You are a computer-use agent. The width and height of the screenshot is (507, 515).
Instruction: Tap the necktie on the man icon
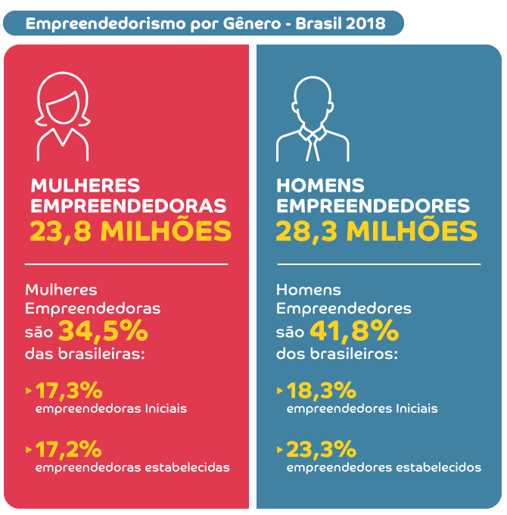point(313,144)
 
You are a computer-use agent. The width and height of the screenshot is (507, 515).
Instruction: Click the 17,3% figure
point(69,391)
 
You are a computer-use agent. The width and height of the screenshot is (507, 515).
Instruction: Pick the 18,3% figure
point(321,391)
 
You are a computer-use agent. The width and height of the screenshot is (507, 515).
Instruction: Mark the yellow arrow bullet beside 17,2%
point(29,449)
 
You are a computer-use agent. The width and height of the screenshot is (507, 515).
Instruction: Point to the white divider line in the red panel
point(126,264)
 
